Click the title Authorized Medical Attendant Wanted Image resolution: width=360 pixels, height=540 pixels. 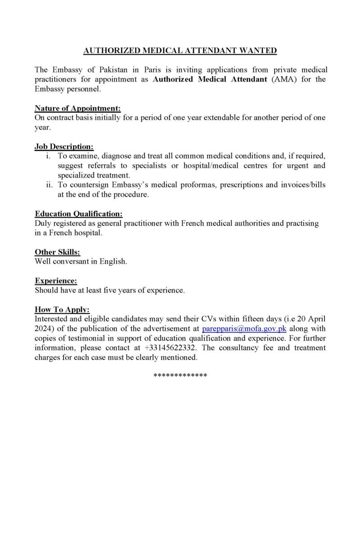(180, 51)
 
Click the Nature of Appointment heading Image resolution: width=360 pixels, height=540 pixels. (78, 108)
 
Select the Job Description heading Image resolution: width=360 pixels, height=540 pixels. (64, 146)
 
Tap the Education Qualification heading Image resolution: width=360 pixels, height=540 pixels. (79, 214)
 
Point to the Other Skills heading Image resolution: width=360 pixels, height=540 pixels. (58, 252)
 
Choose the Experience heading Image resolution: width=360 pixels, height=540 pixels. (56, 281)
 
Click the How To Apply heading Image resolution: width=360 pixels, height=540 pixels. (63, 309)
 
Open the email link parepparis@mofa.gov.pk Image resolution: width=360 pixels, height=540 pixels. (244, 328)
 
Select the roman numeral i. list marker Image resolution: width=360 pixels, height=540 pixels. (48, 156)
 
